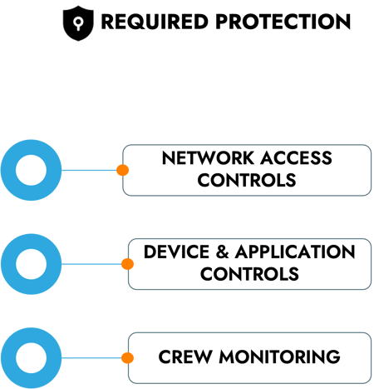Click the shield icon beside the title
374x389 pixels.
(x=80, y=23)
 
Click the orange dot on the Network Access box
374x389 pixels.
(x=122, y=170)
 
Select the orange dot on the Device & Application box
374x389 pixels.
(x=127, y=264)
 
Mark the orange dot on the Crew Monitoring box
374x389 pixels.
(x=127, y=358)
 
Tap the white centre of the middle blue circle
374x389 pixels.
(x=32, y=264)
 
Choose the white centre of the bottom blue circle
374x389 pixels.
(x=32, y=358)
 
